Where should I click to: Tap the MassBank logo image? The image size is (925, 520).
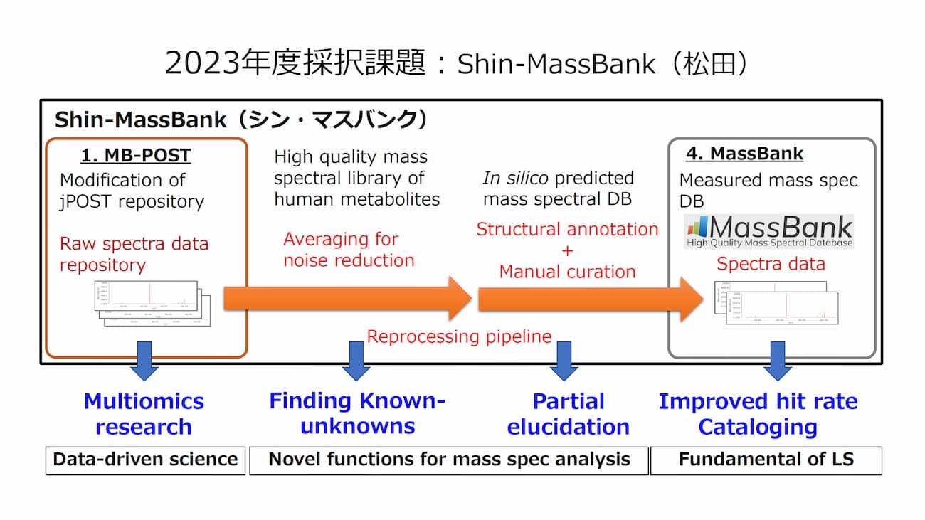769,231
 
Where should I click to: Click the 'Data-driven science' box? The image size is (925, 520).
145,460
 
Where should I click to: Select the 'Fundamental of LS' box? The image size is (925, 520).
766,460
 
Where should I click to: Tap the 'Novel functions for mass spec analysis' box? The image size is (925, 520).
449,460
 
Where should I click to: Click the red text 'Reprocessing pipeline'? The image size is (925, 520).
459,336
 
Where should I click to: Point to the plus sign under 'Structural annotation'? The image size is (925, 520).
567,250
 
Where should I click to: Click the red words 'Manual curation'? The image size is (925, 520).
567,272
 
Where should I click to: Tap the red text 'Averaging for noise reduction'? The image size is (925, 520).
349,250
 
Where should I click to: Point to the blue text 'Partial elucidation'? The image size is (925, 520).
568,414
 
